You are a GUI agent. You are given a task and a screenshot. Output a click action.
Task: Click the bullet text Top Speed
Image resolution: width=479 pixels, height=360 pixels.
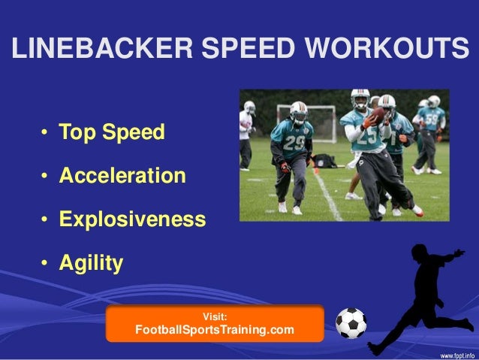[x=112, y=134]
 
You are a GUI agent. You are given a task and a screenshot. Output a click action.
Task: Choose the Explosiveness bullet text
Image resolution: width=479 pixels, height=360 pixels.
[x=132, y=220]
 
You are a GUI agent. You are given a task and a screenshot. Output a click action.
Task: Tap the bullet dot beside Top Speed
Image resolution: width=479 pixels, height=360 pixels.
[x=46, y=135]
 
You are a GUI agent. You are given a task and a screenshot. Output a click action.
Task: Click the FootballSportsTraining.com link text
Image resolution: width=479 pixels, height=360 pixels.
[x=214, y=330]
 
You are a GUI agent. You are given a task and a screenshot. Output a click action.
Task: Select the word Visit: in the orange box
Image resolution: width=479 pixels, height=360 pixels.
[x=215, y=316]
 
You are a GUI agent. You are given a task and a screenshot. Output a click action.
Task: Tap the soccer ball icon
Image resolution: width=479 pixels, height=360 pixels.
[x=351, y=323]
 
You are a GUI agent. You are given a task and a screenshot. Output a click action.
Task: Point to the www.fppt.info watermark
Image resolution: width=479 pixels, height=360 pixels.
[x=456, y=353]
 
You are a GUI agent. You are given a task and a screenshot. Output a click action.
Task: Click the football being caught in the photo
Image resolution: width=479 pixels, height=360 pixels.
[x=378, y=115]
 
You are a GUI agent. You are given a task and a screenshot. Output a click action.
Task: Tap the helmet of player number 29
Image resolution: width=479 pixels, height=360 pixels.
[x=299, y=110]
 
